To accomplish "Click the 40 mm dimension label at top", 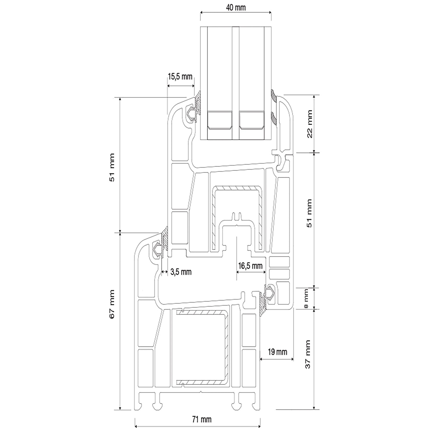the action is pyautogui.click(x=236, y=8).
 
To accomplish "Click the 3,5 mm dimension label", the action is pyautogui.click(x=181, y=272).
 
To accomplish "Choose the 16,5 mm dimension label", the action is pyautogui.click(x=250, y=266).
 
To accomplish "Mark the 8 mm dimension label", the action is pyautogui.click(x=306, y=298).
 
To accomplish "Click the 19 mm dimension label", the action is pyautogui.click(x=277, y=352).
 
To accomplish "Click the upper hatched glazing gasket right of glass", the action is pyautogui.click(x=274, y=96).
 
